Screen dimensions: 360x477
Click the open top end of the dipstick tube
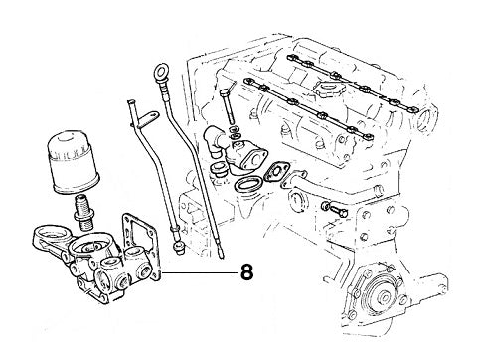pos(128,101)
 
